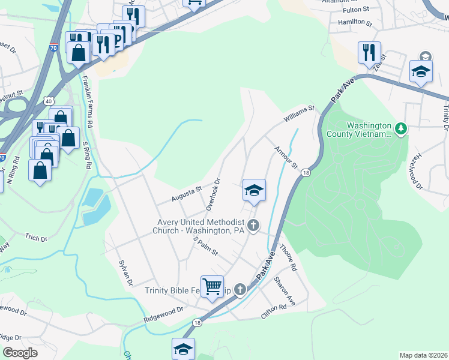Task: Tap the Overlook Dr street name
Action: [x=214, y=194]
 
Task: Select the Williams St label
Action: [x=300, y=114]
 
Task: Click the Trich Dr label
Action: [x=36, y=238]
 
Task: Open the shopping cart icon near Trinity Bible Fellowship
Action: [x=212, y=286]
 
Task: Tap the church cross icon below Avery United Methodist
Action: [x=253, y=226]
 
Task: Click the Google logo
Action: [x=20, y=353]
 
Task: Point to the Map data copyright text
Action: [x=423, y=355]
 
